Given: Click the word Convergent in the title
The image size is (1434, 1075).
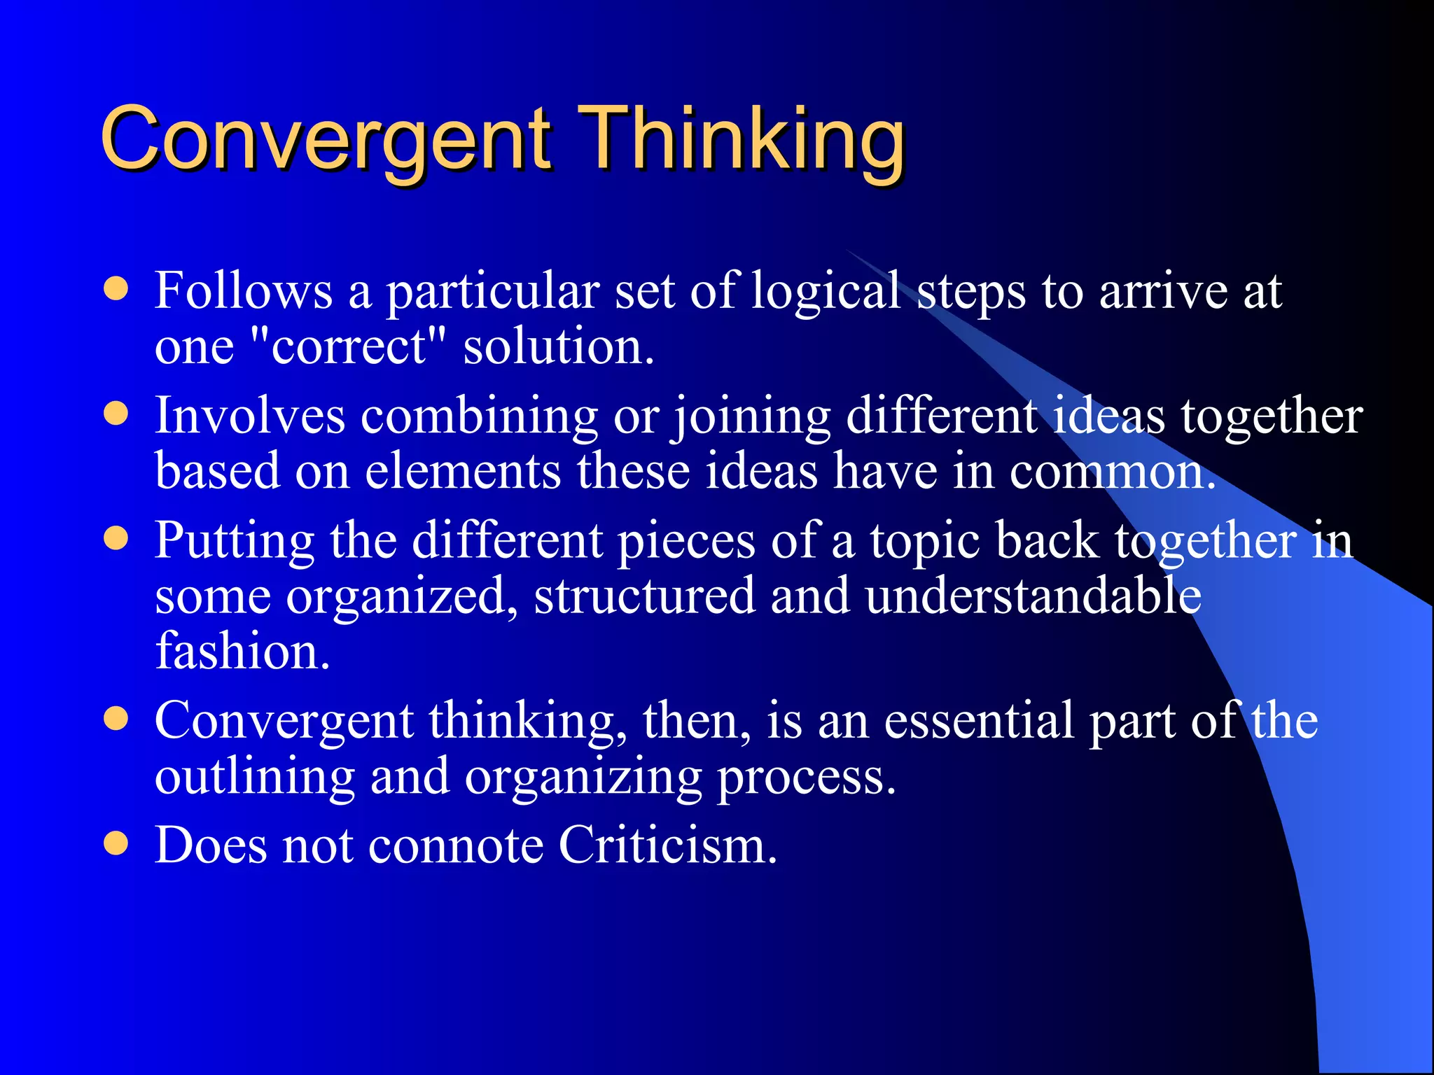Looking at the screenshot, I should click(326, 139).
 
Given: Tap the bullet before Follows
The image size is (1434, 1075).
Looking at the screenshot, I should click(116, 289).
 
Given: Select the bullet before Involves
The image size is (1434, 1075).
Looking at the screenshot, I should click(116, 414).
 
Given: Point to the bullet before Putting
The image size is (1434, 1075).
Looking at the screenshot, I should click(116, 539).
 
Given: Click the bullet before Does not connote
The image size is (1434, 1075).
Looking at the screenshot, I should click(116, 843).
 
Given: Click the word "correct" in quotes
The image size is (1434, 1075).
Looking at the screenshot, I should click(348, 346).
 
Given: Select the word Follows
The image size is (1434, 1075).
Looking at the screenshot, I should click(243, 290).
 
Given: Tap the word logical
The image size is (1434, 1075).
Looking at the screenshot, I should click(825, 292).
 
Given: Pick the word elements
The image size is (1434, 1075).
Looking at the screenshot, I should click(463, 471).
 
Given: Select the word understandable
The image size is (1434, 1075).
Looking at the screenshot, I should click(1033, 596).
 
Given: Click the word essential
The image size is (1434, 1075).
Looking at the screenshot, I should click(978, 720).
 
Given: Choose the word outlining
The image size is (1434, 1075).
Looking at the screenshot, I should click(254, 778).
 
